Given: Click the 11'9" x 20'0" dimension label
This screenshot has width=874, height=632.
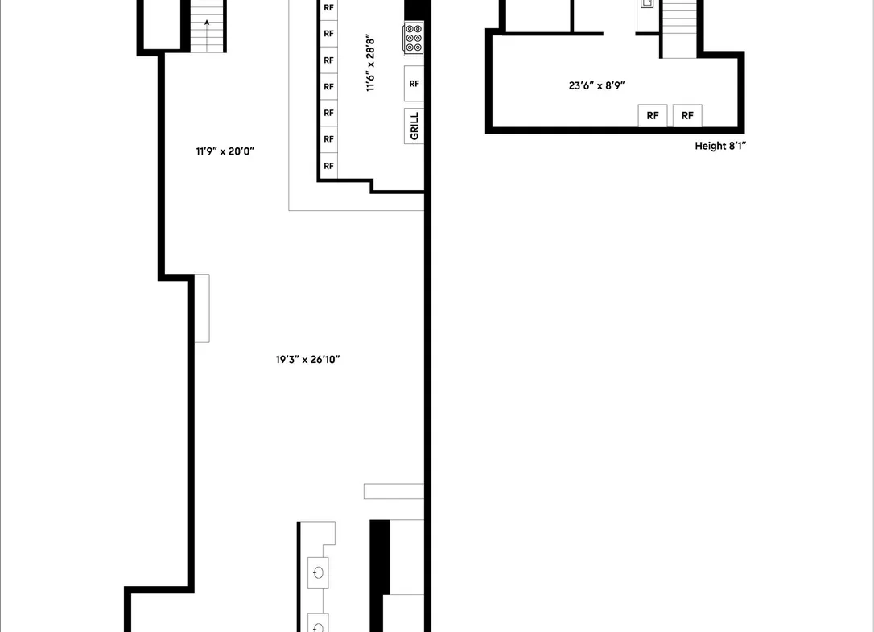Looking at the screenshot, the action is [x=225, y=151].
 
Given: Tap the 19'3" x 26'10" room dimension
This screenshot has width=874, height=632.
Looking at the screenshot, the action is [x=307, y=360].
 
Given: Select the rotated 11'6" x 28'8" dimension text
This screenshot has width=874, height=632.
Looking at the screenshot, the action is [x=370, y=64].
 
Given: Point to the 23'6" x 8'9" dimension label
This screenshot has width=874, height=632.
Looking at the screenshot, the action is [x=596, y=85].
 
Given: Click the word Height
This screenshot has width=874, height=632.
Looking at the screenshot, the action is [x=710, y=147].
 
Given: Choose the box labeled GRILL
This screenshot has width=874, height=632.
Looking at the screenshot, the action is [x=414, y=126].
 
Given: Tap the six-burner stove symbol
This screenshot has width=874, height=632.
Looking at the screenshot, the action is [x=413, y=39].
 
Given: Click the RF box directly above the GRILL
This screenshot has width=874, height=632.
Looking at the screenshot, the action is [x=414, y=84].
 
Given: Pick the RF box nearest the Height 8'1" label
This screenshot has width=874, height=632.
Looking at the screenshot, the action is [x=687, y=115].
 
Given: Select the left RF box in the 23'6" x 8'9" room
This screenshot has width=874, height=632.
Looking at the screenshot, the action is [x=653, y=115].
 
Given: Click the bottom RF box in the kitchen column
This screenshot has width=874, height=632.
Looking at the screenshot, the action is [x=329, y=166].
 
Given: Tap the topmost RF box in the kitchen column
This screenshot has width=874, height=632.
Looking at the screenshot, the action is [x=329, y=8].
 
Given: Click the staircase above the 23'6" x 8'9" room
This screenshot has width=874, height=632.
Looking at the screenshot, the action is [x=679, y=28].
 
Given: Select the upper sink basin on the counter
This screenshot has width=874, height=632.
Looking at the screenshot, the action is [x=318, y=572].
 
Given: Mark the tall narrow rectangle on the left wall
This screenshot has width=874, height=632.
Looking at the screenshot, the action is [x=202, y=308].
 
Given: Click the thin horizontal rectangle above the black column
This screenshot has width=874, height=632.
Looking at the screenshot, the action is [x=394, y=491].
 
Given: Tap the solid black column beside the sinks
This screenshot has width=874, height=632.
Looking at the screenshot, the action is [x=380, y=557].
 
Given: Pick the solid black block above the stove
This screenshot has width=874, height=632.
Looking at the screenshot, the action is [x=414, y=10].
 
